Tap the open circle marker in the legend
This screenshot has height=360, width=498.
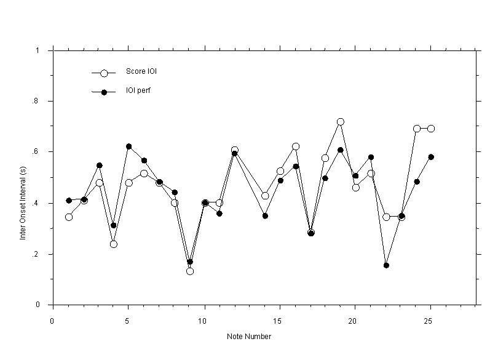[x=104, y=73]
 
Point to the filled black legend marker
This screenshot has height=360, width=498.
[x=104, y=92]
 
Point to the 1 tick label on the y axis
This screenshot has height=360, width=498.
[x=38, y=50]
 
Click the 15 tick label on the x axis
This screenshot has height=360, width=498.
[x=279, y=321]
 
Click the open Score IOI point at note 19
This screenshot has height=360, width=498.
[x=340, y=122]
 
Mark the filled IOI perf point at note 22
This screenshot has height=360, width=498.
[x=386, y=265]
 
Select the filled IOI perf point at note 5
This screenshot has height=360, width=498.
[x=129, y=146]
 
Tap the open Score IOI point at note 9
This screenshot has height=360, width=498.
[x=190, y=271]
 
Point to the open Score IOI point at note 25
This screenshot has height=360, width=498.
[x=431, y=129]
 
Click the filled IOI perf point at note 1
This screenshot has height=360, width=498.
[x=69, y=201]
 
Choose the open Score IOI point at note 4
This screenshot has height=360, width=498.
[x=114, y=244]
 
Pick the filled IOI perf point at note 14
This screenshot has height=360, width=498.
[x=265, y=216]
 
